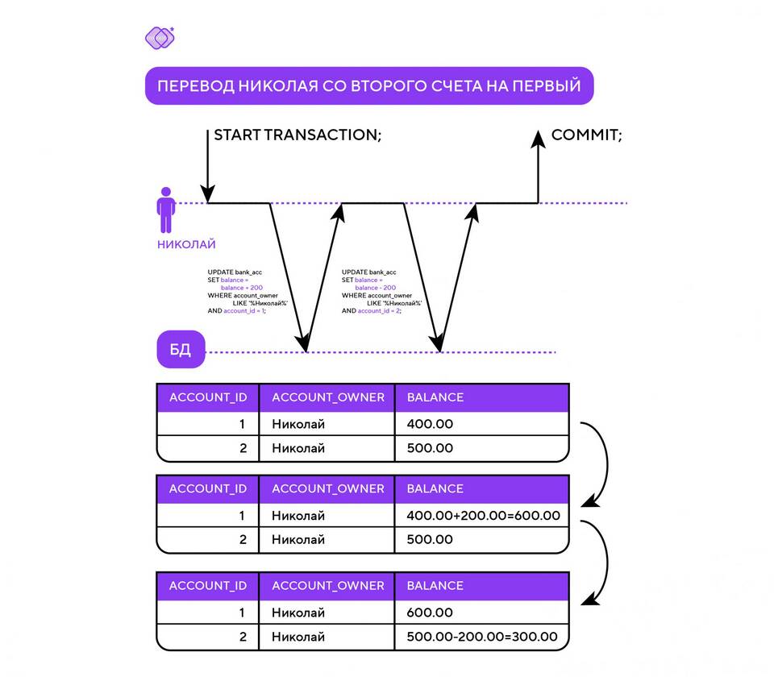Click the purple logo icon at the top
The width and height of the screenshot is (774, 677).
[x=159, y=37]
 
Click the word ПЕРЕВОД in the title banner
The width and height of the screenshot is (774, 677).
[x=194, y=86]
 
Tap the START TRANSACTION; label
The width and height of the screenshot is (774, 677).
[x=297, y=135]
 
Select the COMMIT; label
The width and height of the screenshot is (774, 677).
[x=586, y=135]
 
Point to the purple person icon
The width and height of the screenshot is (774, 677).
[x=166, y=211]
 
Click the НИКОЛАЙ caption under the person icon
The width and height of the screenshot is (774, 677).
[x=186, y=244]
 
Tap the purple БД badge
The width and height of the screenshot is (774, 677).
[x=181, y=351]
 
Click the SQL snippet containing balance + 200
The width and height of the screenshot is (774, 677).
[x=242, y=292]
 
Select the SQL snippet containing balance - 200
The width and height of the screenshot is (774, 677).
[x=377, y=292]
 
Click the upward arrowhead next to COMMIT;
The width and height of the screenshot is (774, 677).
[x=538, y=139]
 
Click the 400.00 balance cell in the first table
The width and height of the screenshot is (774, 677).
[x=430, y=424]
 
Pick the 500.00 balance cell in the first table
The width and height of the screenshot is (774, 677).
[x=430, y=448]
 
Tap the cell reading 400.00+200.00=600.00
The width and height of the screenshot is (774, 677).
[x=482, y=516]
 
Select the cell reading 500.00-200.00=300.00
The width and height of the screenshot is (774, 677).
[x=482, y=637]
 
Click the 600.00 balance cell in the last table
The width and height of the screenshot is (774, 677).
[x=430, y=613]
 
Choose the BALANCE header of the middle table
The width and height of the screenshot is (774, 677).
[x=435, y=488]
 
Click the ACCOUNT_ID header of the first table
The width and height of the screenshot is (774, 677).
[x=208, y=397]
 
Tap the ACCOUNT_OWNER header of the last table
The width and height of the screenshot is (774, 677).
[x=328, y=586]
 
